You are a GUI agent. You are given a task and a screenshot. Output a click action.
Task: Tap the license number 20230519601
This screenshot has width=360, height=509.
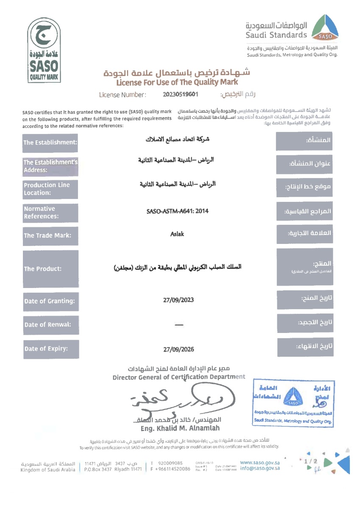(x=181, y=94)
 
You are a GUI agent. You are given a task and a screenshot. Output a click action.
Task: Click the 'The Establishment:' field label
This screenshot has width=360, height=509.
(x=50, y=143)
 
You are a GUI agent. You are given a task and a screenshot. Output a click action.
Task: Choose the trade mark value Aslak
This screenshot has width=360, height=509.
(x=178, y=234)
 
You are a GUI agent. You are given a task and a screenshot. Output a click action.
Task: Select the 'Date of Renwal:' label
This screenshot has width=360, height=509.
(x=50, y=325)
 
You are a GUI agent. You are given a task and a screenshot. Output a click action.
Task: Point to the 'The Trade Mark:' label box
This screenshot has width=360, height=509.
(x=50, y=235)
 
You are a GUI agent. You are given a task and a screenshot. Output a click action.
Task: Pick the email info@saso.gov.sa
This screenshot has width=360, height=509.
(x=260, y=468)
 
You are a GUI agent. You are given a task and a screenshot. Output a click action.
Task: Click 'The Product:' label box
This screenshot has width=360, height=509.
(x=50, y=268)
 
